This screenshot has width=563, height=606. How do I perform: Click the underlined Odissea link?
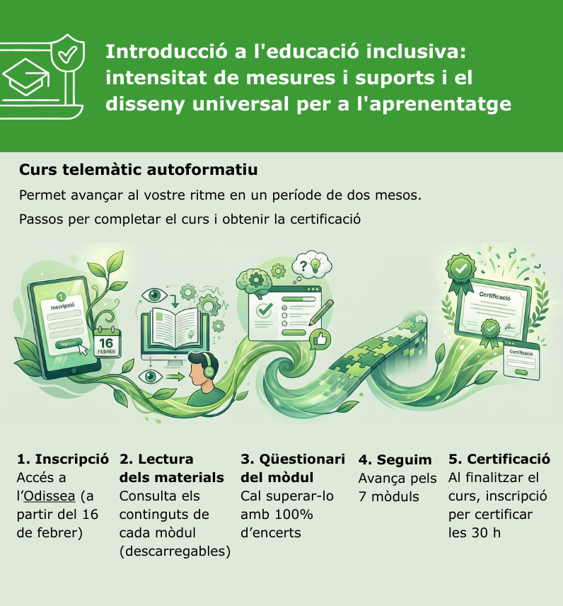click(x=49, y=496)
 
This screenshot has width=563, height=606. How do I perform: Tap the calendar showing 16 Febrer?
click(x=107, y=343)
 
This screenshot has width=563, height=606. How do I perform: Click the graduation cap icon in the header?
click(x=25, y=77)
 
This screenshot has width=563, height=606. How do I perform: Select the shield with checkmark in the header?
click(x=68, y=53)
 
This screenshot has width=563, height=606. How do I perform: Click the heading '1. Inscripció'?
click(x=62, y=459)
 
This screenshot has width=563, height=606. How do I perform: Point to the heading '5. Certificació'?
click(x=499, y=459)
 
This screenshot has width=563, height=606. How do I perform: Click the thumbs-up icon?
click(x=320, y=339)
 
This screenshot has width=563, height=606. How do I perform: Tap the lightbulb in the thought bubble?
click(x=315, y=265)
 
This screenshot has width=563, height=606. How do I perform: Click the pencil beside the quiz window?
click(x=321, y=312)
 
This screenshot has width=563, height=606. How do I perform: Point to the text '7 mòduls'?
click(x=388, y=497)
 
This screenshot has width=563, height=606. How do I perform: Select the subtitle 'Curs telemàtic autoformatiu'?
click(x=138, y=170)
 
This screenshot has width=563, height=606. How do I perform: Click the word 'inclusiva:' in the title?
click(x=417, y=52)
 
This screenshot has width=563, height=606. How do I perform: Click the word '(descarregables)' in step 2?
click(x=175, y=551)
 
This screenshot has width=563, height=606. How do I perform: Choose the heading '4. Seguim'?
click(x=395, y=460)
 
